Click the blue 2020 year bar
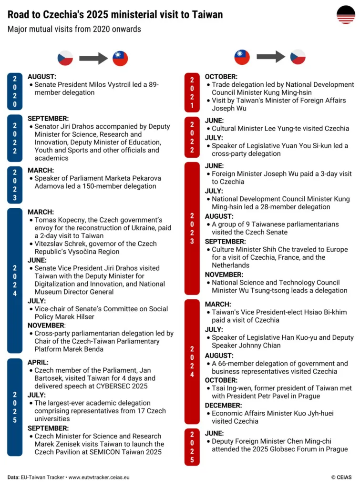coord(15,91)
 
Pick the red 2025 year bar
coord(192,447)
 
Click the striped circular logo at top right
coord(346,15)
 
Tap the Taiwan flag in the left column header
coord(120,58)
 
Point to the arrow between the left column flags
coord(93,58)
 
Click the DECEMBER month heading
coord(223,405)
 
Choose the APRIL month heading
coord(38,362)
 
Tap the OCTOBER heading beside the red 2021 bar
coord(221,77)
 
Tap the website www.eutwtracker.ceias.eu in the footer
coord(99,477)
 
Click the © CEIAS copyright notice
coord(341,477)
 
